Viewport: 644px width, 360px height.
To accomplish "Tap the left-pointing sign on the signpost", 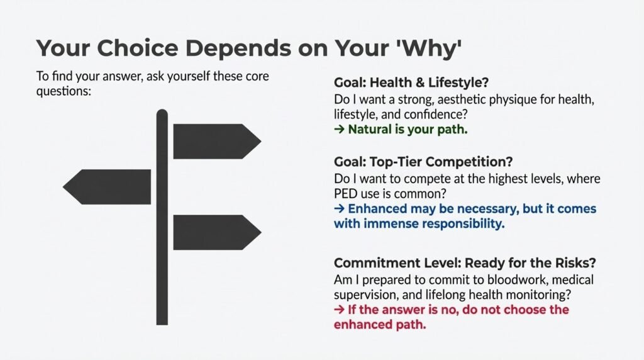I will [108, 187].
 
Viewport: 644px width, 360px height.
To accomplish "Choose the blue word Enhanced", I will [375, 208].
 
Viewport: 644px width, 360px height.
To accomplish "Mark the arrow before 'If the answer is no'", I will [338, 310].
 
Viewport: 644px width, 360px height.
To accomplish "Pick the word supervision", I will [364, 295].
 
